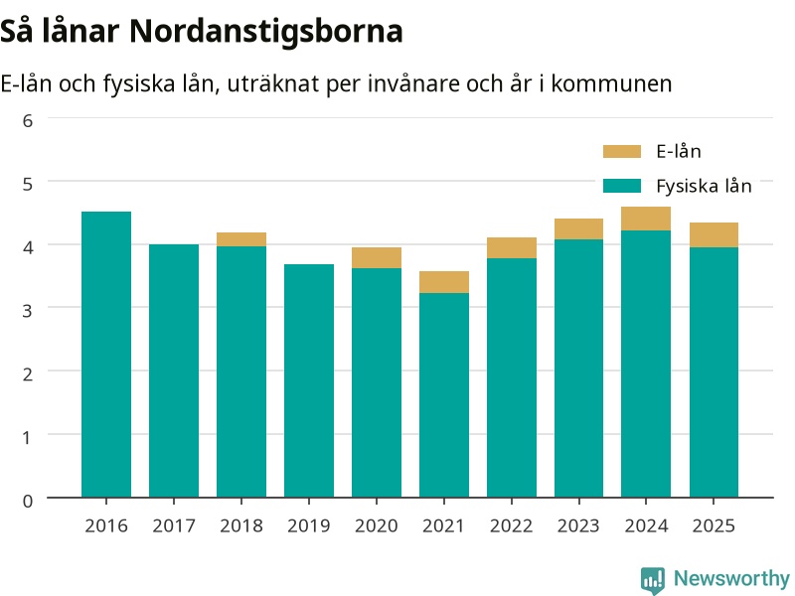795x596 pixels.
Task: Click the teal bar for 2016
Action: [106, 355]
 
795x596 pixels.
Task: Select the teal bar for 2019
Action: [309, 380]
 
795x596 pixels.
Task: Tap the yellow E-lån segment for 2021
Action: [444, 282]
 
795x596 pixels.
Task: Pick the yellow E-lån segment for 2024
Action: [646, 219]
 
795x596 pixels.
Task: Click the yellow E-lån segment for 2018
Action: [241, 239]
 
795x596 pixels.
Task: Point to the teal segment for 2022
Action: [512, 377]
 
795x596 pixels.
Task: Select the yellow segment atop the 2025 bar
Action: [714, 235]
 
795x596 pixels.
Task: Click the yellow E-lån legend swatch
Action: [622, 152]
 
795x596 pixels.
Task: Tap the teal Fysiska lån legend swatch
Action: [622, 186]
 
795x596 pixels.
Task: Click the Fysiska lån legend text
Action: [704, 187]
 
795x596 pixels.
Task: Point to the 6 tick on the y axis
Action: [28, 120]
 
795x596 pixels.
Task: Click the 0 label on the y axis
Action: [28, 501]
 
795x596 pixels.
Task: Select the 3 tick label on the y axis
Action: [28, 311]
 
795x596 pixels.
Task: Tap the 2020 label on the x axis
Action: [377, 526]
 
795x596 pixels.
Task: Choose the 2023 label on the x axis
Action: [578, 526]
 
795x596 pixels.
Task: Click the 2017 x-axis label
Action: [174, 526]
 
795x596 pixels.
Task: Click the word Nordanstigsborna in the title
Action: [266, 32]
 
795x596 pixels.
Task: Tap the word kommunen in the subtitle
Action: [611, 84]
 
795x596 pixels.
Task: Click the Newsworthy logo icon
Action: [653, 580]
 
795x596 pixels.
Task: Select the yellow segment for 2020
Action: [377, 258]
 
